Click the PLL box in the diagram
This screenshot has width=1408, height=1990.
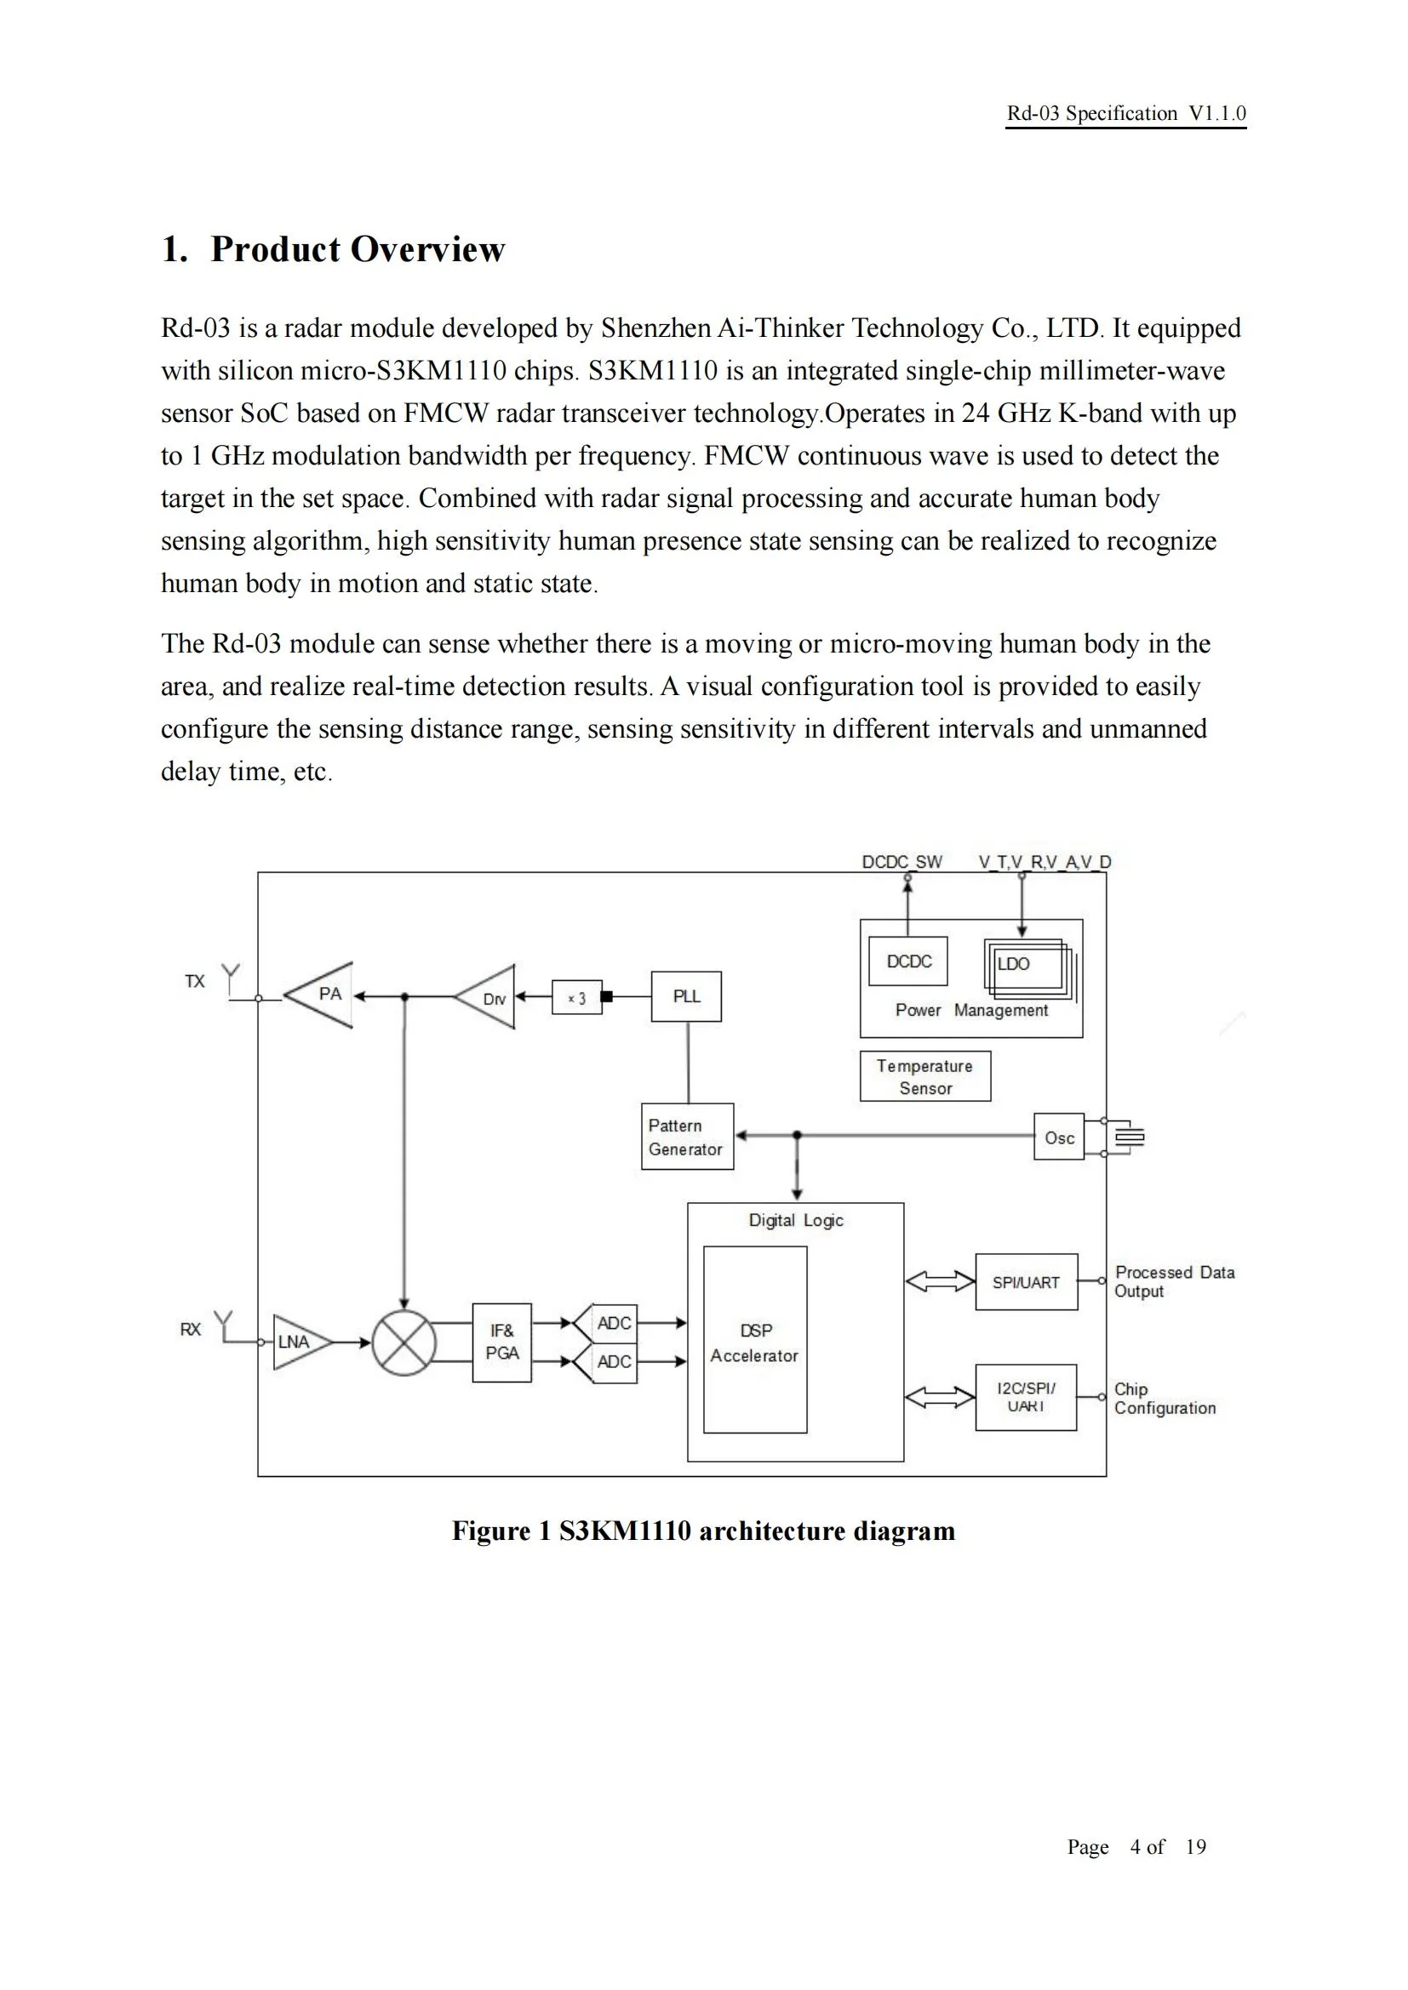point(686,996)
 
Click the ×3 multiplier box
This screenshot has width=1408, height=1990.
point(576,998)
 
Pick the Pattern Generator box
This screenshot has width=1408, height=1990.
point(687,1137)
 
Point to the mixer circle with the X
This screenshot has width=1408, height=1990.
point(404,1343)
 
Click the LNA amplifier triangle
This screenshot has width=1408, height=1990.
point(297,1342)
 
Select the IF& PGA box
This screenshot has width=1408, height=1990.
point(502,1342)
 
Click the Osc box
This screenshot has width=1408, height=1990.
point(1059,1138)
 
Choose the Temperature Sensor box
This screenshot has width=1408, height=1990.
point(925,1076)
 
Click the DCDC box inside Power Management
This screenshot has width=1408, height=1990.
point(907,961)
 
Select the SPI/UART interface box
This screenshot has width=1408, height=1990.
point(1027,1282)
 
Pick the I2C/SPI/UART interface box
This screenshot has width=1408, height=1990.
point(1026,1397)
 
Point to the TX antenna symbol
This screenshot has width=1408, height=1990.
point(231,978)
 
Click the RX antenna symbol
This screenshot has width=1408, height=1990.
point(225,1326)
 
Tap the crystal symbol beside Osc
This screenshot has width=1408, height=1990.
point(1129,1137)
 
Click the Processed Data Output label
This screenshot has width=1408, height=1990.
point(1174,1281)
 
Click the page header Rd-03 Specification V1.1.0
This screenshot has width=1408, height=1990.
point(1125,113)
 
